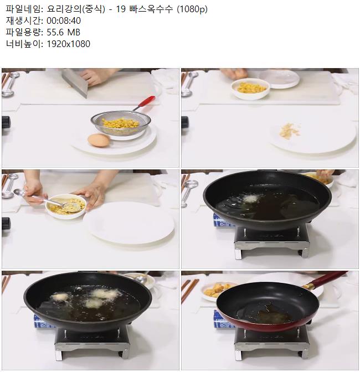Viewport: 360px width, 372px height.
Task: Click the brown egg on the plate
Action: (99, 140)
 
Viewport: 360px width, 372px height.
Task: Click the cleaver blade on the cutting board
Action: (75, 82)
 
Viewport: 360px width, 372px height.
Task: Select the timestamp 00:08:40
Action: (64, 20)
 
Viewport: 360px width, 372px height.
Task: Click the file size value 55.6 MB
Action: (63, 32)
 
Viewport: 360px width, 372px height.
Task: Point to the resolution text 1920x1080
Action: (68, 44)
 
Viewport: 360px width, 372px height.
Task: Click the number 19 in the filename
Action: (121, 9)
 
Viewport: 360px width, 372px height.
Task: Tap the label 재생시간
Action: (23, 20)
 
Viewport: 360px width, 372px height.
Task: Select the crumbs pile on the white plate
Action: (290, 130)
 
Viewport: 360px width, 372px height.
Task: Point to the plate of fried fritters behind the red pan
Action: (217, 291)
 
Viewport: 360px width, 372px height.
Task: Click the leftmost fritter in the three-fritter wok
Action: (60, 297)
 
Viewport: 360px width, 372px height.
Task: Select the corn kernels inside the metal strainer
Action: (120, 123)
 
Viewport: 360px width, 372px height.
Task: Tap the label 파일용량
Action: (23, 32)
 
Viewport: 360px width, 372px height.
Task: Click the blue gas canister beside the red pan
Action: (223, 319)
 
